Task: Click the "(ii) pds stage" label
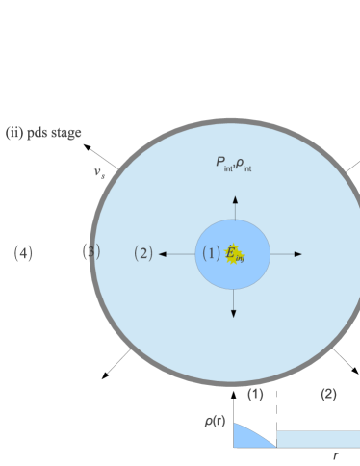43,133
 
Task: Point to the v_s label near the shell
99,173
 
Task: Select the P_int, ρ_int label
234,164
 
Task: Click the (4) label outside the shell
23,253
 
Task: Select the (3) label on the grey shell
91,252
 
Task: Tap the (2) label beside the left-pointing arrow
142,253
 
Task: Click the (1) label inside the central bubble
211,253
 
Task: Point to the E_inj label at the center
235,254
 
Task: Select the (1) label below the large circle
255,395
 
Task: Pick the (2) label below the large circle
328,395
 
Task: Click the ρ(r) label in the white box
215,422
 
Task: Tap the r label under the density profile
335,455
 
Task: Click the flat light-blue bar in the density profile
318,439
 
